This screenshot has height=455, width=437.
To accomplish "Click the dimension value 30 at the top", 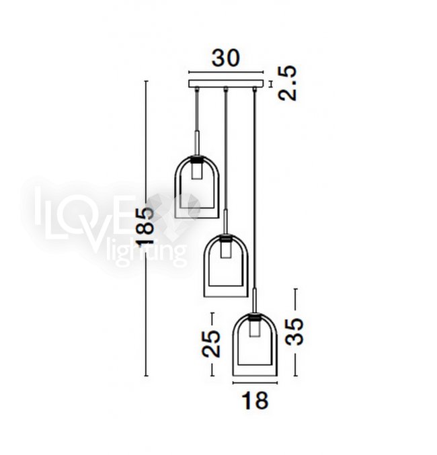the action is click(x=226, y=58).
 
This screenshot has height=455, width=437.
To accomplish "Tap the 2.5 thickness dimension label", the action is click(x=288, y=83).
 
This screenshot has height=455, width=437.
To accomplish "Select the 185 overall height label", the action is click(x=146, y=226).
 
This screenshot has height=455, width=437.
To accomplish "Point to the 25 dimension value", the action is click(x=211, y=343).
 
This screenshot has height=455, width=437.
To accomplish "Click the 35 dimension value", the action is click(x=294, y=332).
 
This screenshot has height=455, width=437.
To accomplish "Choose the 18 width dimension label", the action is click(x=255, y=401).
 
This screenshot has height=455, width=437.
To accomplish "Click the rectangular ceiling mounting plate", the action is click(x=226, y=83).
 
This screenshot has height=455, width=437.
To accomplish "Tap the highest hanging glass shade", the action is click(x=197, y=187).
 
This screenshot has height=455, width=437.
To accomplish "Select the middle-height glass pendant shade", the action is click(x=226, y=265).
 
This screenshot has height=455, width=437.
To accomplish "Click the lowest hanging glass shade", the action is click(x=255, y=344).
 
